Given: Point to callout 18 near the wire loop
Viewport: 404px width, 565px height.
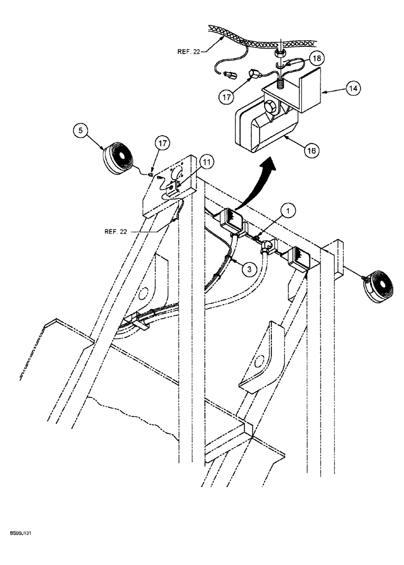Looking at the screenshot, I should (317, 59).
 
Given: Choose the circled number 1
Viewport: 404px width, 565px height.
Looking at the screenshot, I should (289, 212).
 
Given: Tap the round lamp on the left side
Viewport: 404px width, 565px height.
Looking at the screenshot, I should (120, 159).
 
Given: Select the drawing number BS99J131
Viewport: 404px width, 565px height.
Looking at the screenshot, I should (20, 533).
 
